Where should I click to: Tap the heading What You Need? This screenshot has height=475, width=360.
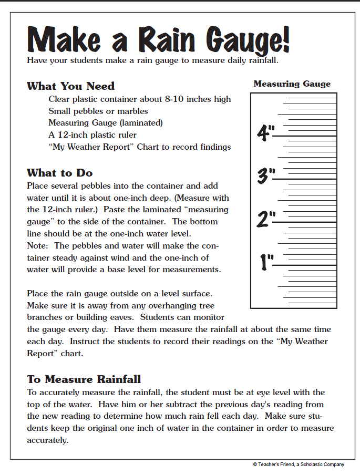point(70,86)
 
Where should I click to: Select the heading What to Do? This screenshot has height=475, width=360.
point(59,173)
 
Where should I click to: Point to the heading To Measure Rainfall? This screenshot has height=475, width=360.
point(84,379)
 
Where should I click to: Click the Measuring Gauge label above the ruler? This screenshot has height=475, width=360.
point(292,84)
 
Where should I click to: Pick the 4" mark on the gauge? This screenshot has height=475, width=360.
point(266,133)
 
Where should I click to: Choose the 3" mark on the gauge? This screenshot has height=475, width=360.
point(266,176)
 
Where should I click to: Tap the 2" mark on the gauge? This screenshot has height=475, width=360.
point(266,219)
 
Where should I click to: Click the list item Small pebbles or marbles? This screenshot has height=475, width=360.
point(98,111)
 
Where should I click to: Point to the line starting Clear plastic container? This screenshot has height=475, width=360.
point(139,99)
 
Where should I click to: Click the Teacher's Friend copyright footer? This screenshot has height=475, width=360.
point(298,464)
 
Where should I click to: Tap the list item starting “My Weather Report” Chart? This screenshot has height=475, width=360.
point(139,147)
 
